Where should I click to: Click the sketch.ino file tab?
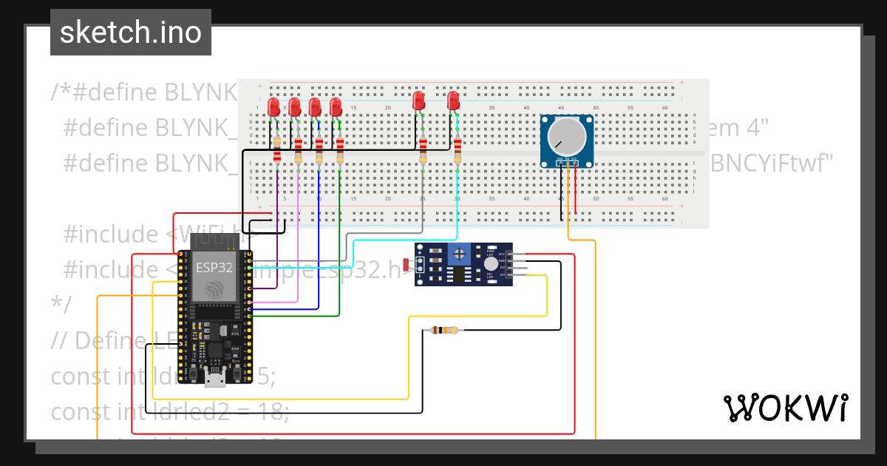pos(131,33)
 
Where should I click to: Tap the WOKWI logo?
pos(784,408)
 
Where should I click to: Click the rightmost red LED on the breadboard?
pos(454,101)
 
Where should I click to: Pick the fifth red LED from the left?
pos(418,101)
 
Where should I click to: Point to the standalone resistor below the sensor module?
pos(443,331)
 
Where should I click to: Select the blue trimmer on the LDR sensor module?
pos(460,254)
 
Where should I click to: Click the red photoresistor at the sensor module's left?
pos(406,264)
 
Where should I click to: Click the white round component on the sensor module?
pos(490,263)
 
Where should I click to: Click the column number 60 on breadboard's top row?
pos(665,108)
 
